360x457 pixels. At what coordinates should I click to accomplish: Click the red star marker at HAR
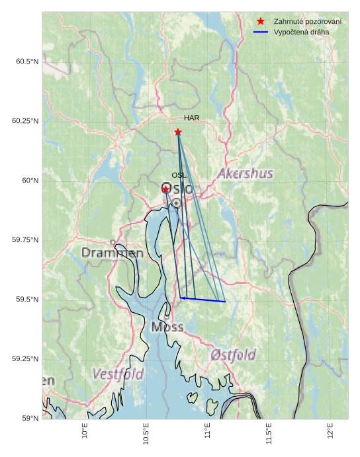tap(178, 132)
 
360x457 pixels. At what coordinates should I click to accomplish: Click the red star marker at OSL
tap(165, 189)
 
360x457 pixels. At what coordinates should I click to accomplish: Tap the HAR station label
tap(192, 118)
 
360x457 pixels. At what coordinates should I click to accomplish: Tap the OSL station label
tap(179, 175)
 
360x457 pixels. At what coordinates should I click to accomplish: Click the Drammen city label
tap(112, 253)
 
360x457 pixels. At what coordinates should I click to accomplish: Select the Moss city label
tap(167, 327)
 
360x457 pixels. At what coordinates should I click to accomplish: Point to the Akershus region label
tap(245, 174)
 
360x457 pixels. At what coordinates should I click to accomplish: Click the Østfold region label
tap(233, 355)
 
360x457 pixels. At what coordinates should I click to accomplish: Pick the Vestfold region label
tap(118, 374)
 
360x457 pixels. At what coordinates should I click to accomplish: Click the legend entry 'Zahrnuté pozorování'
tap(308, 22)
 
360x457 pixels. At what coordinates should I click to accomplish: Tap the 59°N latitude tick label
tap(29, 419)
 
